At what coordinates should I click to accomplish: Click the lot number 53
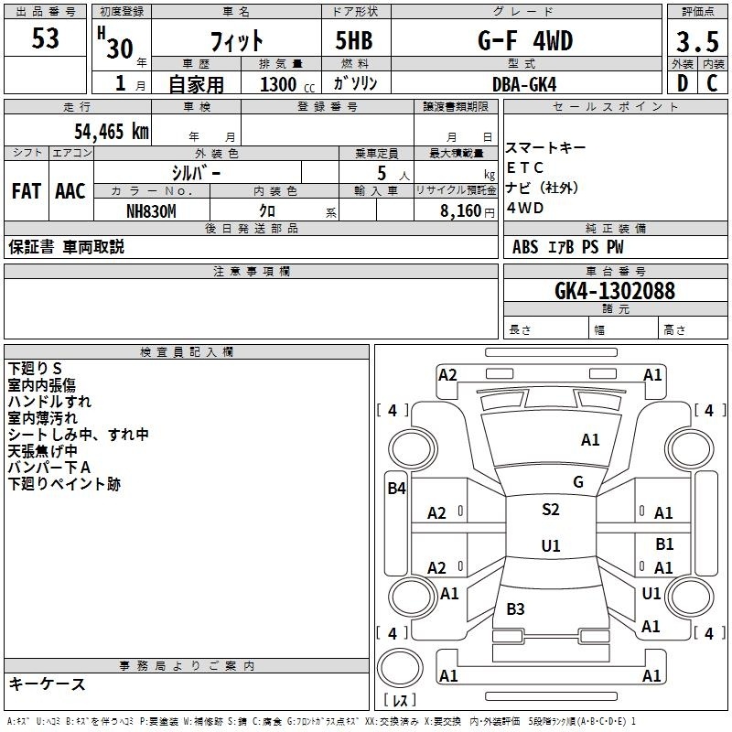tap(46, 39)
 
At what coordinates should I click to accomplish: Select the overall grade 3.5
tap(696, 41)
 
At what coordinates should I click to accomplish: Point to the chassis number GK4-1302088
tap(615, 291)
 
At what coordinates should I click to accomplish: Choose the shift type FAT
tap(26, 190)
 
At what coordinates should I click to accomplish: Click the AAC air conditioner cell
tap(70, 190)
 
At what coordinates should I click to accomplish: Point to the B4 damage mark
tap(396, 489)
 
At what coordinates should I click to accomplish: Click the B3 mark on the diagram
tap(515, 609)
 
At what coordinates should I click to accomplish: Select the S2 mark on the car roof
tap(550, 510)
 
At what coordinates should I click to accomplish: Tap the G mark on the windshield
tap(578, 481)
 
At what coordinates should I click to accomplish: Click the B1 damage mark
tap(664, 544)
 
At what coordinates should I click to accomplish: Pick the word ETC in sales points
tap(525, 167)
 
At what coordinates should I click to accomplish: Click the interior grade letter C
tap(712, 83)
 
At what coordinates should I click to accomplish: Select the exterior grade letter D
tap(682, 83)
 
